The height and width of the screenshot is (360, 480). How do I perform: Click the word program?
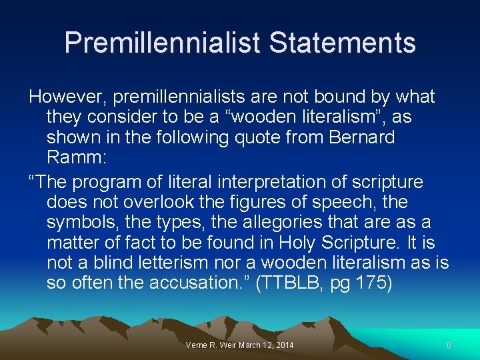tap(107, 182)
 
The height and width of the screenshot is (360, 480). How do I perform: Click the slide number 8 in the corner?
tap(449, 345)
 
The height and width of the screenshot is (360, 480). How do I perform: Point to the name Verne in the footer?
tap(197, 345)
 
